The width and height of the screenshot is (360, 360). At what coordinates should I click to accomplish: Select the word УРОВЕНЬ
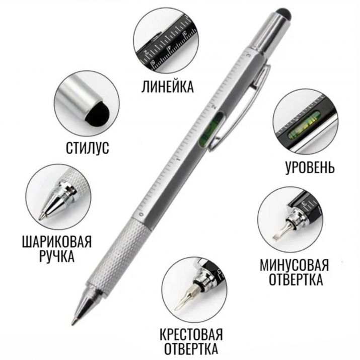(x=303, y=167)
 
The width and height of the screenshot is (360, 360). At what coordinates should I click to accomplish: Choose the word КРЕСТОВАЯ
(x=191, y=334)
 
